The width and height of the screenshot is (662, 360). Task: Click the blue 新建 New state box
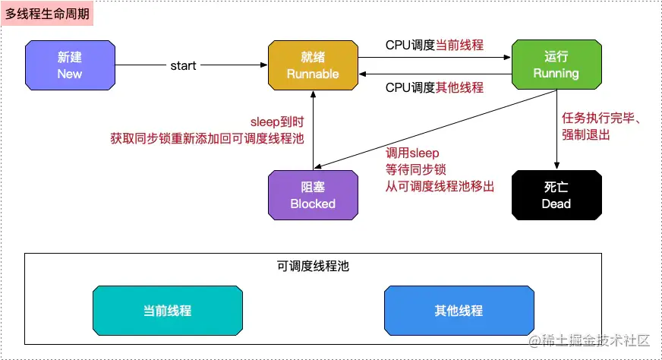coord(70,65)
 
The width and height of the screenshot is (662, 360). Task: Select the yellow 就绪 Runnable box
coord(313,65)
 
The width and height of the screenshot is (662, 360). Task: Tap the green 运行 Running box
coord(556,65)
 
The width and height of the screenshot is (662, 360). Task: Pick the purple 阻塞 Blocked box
coord(313,195)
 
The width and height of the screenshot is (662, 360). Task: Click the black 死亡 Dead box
coord(556,195)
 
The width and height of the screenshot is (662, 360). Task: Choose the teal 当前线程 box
coord(167,311)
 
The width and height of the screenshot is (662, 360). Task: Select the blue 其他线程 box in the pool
coord(459,311)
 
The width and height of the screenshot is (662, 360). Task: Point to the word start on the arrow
coord(183,66)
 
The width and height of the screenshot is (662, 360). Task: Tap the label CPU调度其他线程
coord(434,87)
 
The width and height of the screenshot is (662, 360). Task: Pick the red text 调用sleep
coord(412,153)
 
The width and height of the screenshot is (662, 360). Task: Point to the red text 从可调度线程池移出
coord(440,185)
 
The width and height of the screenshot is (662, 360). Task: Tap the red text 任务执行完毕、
coord(603,118)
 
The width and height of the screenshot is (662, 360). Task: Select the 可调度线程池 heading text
coord(313,267)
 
